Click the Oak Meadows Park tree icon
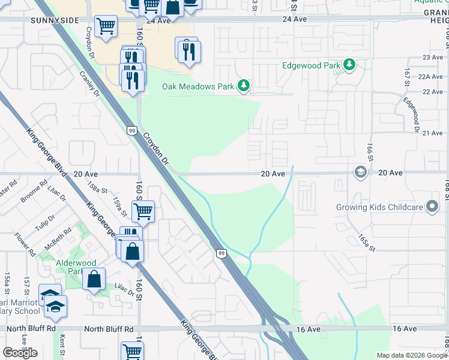click(x=243, y=86)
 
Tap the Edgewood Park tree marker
click(x=349, y=65)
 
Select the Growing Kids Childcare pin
click(x=432, y=208)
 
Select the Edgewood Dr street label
click(x=411, y=115)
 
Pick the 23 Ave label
click(x=432, y=57)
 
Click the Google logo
click(x=20, y=353)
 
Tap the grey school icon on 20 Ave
click(x=360, y=173)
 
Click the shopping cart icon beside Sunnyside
click(x=106, y=26)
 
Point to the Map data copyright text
click(x=412, y=355)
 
